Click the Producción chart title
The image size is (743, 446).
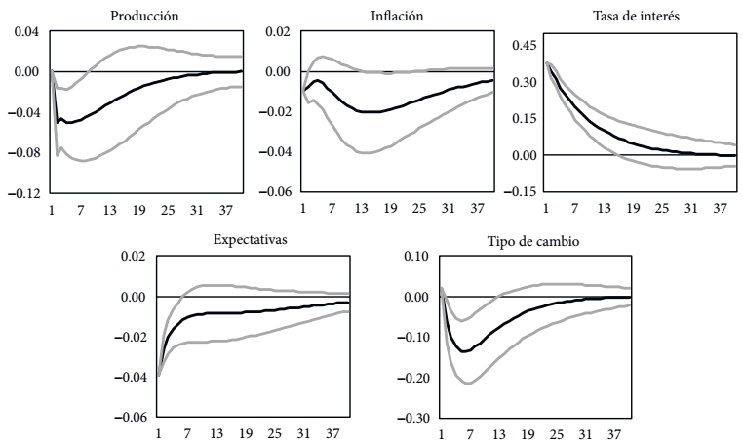pyautogui.click(x=144, y=16)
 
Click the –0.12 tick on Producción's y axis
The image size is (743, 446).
pyautogui.click(x=21, y=193)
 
